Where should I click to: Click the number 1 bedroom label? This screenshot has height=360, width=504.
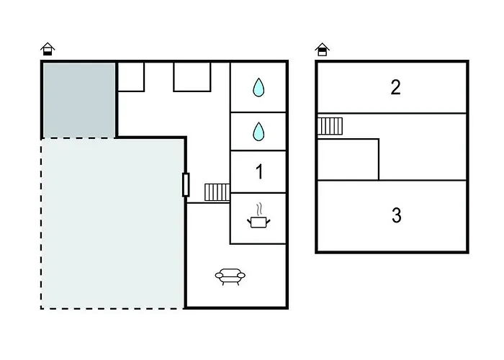point(259,171)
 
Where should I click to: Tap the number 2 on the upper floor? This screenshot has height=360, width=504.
point(396,87)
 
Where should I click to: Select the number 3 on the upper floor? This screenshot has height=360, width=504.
point(397,215)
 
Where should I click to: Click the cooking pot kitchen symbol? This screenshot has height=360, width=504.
point(258,222)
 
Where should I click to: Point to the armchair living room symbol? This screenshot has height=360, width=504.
point(230,276)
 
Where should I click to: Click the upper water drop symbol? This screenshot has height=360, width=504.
point(258,87)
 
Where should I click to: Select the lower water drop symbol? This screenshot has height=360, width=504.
point(258,132)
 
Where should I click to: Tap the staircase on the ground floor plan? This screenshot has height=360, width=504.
point(217,192)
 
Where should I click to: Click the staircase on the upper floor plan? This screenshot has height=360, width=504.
point(330,126)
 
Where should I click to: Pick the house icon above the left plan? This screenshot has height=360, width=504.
point(48,49)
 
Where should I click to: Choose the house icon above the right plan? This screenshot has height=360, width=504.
point(322,50)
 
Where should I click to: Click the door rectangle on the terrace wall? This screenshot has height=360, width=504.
point(186,184)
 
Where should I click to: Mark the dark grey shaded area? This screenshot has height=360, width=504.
point(79,100)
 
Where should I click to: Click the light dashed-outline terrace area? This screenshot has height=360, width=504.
point(112,223)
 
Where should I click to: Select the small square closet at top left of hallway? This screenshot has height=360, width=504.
point(131,77)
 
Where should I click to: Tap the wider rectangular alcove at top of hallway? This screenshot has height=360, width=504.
point(192,77)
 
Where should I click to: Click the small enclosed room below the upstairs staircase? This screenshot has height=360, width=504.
point(348,159)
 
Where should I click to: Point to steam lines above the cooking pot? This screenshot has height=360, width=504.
point(259,210)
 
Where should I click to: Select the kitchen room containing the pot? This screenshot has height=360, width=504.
point(258,219)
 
